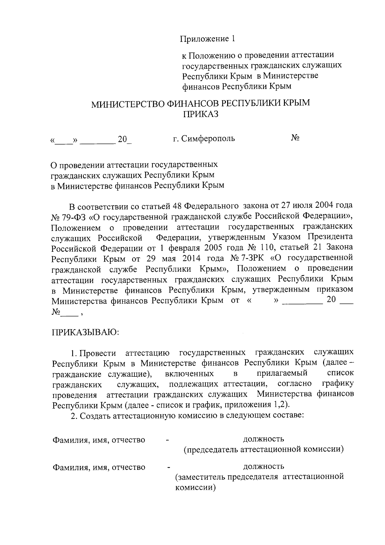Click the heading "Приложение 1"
point(207,39)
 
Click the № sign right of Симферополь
point(295,138)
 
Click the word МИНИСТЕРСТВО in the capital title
point(127,104)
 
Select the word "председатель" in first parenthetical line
point(212,449)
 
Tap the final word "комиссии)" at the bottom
point(195,488)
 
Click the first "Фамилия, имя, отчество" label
point(99,440)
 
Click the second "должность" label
point(263,466)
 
